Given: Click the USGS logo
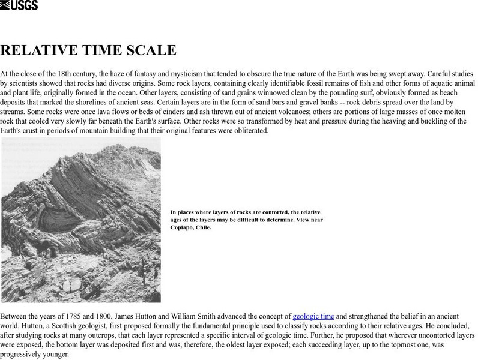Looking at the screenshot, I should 19,5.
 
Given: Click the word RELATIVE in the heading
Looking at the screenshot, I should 37,50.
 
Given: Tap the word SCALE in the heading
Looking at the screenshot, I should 150,50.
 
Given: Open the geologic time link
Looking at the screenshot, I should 312,316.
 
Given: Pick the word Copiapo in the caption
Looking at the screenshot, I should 182,228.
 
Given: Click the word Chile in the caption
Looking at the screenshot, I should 204,228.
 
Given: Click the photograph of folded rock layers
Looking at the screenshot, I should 81,220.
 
